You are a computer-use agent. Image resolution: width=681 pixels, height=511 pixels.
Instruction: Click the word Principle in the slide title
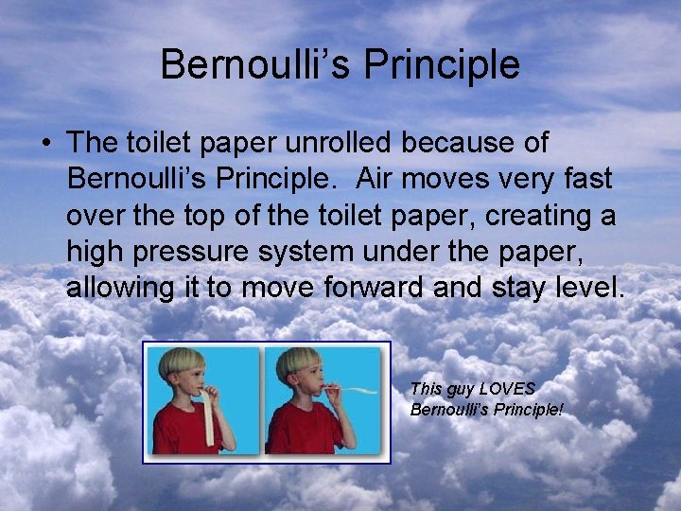[442, 65]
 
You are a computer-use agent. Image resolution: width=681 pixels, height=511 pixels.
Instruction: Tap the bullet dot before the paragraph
[45, 144]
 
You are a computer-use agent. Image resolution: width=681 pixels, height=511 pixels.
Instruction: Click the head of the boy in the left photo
[181, 367]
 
